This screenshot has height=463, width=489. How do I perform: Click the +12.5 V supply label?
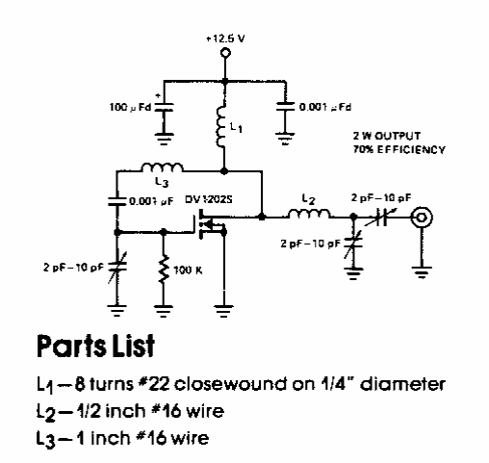point(225,39)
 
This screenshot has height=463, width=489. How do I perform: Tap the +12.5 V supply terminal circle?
point(225,53)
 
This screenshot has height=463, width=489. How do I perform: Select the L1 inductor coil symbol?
point(221,127)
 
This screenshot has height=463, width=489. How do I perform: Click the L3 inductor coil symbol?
point(162,167)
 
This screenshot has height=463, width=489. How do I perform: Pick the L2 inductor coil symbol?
point(309,214)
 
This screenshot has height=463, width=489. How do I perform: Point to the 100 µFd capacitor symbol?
point(164,107)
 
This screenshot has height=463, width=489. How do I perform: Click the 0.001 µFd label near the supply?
point(325,107)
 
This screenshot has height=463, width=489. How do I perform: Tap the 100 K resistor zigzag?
point(164,270)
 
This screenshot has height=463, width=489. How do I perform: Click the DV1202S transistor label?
point(209,199)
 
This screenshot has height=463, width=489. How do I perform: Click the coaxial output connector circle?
point(422,218)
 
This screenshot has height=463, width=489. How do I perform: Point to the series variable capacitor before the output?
point(382,218)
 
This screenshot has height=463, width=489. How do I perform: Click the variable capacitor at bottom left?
point(117,267)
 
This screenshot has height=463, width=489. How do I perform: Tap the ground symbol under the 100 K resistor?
point(164,311)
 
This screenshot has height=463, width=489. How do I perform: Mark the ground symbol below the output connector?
point(422,272)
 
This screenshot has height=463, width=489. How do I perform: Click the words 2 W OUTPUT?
point(387,136)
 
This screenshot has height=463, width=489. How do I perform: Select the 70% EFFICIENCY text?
point(399,149)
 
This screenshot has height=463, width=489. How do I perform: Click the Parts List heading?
point(95,347)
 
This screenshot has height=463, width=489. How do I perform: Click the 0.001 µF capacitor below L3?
point(117,201)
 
